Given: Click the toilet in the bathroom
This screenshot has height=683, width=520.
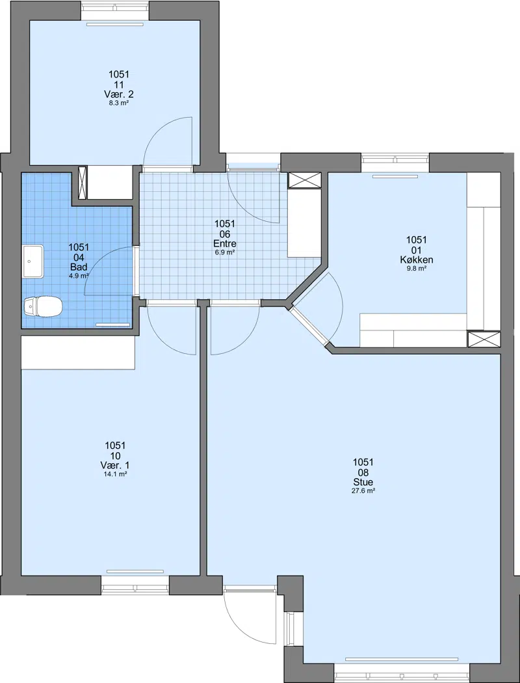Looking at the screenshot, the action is point(43,306).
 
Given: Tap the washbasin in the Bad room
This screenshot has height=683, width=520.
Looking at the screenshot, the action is point(33,261).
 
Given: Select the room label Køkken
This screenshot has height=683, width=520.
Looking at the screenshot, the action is point(417,260).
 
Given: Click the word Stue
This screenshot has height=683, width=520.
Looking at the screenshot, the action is point(363,482).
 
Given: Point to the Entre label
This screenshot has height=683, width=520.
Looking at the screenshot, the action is point(225,243).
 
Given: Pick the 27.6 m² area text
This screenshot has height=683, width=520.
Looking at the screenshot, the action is point(363,490).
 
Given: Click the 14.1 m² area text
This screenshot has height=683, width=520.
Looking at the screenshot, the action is point(115,474).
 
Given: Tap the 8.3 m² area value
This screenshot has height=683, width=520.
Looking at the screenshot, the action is point(119,103).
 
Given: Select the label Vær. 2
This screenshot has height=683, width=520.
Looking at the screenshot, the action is point(119,94).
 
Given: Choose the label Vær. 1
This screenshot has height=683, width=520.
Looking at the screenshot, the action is point(115,465).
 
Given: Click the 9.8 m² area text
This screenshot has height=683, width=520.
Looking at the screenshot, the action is point(417,268).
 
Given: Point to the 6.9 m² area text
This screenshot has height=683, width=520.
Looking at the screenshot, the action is point(225,252).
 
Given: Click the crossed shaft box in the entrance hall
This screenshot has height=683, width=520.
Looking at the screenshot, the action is point(305,181).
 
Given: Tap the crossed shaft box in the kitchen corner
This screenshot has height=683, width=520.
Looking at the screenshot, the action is point(484,340).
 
